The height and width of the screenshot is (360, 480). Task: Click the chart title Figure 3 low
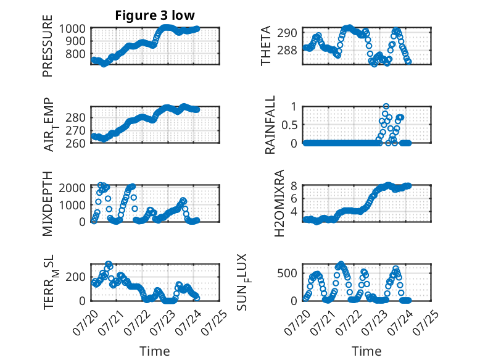pos(155,15)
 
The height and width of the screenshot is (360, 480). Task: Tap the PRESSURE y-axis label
pos(48,46)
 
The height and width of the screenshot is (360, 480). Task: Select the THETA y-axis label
pos(266,46)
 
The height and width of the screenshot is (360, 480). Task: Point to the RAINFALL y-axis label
pos(270,125)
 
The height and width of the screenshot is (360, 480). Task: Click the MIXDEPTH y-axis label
pos(48,204)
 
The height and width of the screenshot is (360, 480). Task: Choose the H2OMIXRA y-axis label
pos(279,203)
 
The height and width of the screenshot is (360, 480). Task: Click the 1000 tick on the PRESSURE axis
pos(72,29)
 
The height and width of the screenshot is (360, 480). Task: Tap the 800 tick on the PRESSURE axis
pos(75,54)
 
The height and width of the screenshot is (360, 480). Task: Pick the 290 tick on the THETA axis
pos(287,33)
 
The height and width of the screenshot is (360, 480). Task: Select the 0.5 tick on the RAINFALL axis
pos(289,125)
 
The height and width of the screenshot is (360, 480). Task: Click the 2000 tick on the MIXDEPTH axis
pos(72,188)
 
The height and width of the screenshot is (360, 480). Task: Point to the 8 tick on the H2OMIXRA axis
pos(294,186)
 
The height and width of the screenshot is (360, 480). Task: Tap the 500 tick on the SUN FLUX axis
pos(287,274)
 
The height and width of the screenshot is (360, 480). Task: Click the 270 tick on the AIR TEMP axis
pos(75,131)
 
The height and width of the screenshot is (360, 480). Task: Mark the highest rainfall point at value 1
pos(386,106)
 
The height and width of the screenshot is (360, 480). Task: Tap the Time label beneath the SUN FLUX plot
pos(366,351)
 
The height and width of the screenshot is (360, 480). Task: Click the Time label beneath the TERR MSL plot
pos(155,351)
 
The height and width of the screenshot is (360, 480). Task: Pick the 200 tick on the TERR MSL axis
pos(75,277)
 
